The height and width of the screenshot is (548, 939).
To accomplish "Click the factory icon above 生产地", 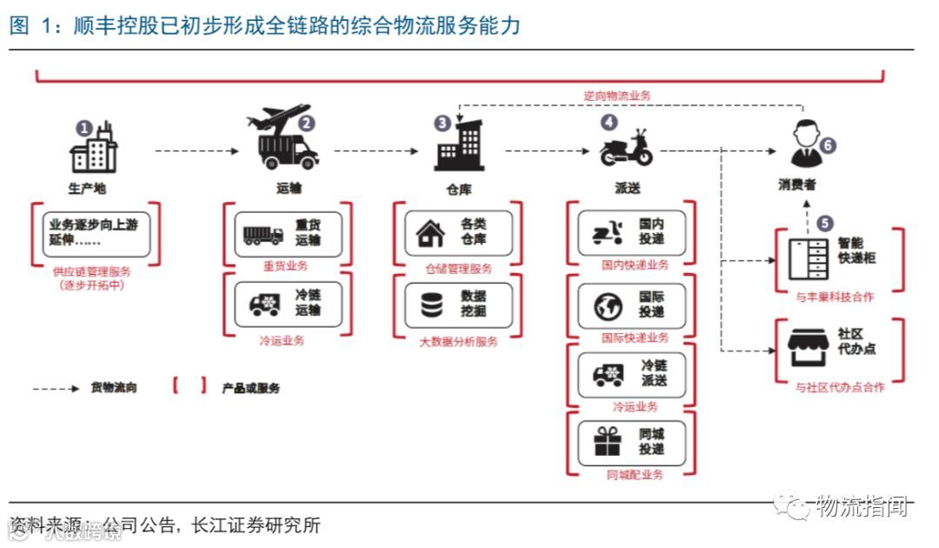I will point(94,148).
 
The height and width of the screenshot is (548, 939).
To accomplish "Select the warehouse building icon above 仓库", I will point(458,146).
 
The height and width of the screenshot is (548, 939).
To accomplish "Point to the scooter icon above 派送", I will point(626,149).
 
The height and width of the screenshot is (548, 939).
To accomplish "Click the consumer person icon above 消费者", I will point(804,144).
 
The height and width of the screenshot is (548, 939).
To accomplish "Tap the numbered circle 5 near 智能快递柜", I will point(824,224).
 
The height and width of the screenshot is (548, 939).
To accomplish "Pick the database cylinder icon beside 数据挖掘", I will point(430,305).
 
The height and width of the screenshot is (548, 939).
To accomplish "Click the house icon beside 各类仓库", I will point(430,233).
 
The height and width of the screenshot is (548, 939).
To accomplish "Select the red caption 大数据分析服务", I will point(457,342).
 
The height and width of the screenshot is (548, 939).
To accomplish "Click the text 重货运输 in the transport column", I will point(309,233).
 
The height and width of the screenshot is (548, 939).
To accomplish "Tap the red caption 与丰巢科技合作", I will point(835,297).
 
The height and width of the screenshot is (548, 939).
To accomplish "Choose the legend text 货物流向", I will point(114,388).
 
